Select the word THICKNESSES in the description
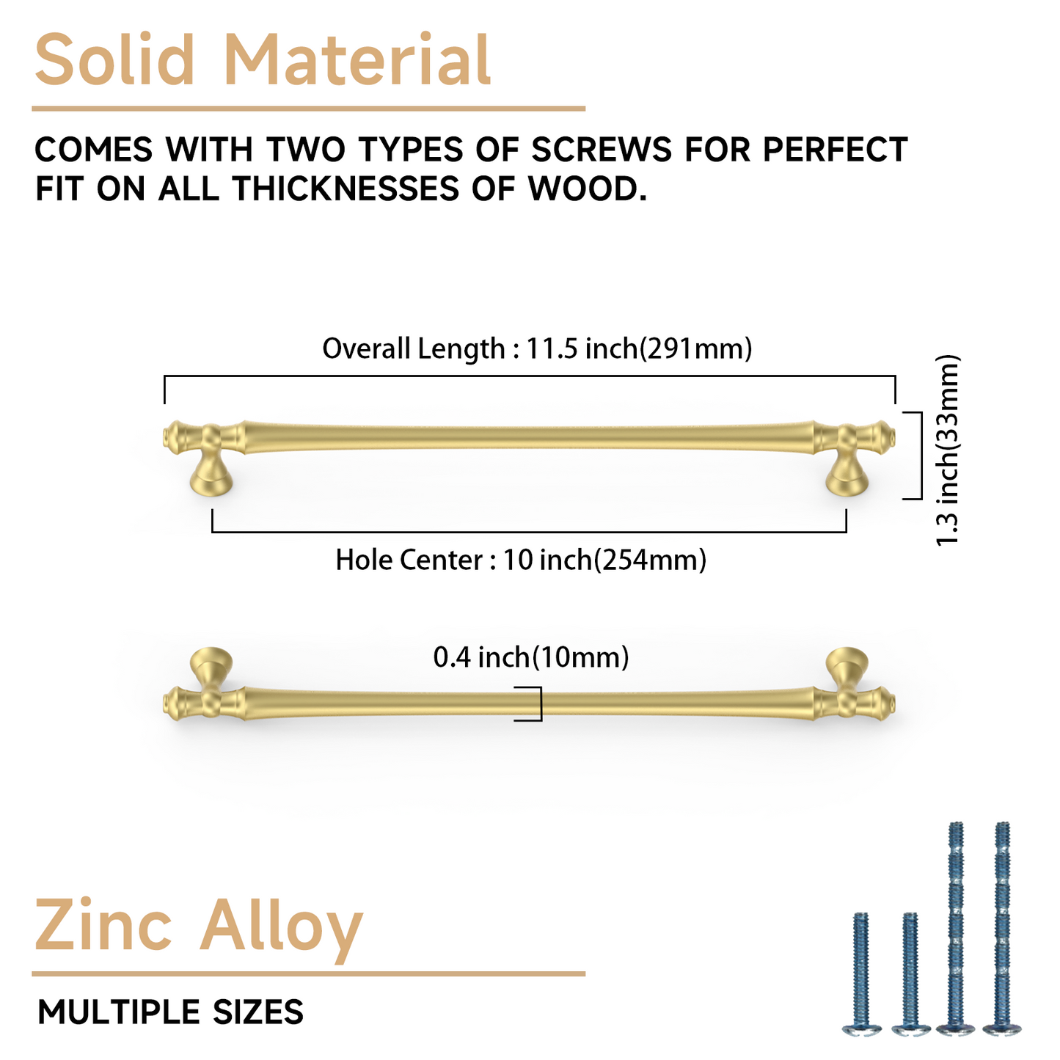[x=346, y=189]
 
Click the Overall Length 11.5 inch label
[x=537, y=348]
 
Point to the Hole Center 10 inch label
[x=521, y=560]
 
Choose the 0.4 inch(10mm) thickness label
[x=531, y=657]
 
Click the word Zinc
[x=103, y=926]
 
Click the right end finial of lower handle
[x=885, y=704]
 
